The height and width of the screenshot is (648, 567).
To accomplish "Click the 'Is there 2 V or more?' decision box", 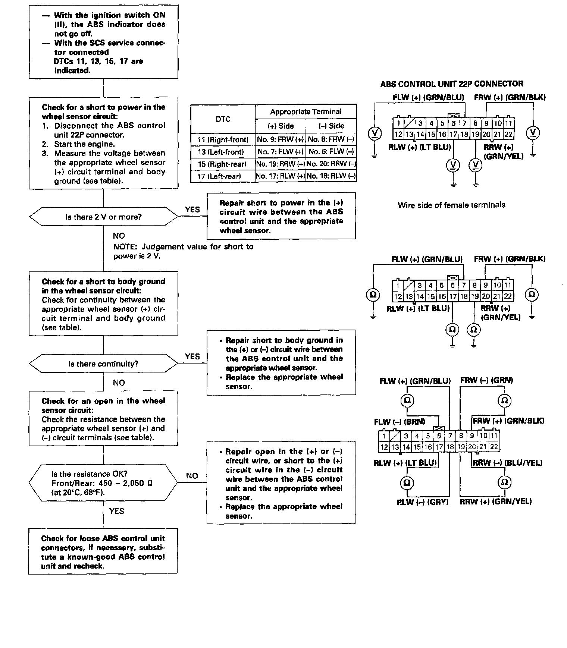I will [103, 217].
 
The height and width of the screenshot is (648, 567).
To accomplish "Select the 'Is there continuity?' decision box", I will [103, 364].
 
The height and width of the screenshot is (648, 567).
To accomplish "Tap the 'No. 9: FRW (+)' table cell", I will [280, 140].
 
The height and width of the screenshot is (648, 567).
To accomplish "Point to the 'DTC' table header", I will [223, 119].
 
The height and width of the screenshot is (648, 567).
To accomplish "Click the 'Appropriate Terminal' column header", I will [306, 111].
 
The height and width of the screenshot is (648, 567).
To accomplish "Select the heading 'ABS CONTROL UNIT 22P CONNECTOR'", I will [451, 84].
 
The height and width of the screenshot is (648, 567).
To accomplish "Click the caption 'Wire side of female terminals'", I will [451, 205].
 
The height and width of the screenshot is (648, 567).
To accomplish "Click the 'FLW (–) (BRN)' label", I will [400, 422].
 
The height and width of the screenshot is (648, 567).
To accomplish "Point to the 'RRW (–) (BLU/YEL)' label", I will [507, 463].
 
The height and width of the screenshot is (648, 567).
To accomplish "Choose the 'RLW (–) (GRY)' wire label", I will [422, 502].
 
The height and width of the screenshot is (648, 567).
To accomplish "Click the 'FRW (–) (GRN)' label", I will [486, 380].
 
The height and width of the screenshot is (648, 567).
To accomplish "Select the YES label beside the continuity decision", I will [192, 356].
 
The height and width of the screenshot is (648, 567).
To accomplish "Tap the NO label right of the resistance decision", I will [192, 476].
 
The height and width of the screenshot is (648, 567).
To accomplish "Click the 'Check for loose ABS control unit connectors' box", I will [103, 552].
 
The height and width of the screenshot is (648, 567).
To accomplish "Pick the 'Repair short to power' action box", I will [281, 216].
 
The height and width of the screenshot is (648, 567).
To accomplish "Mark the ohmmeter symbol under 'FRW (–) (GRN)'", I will [504, 400].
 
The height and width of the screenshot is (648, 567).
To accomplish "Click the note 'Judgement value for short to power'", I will [183, 251].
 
